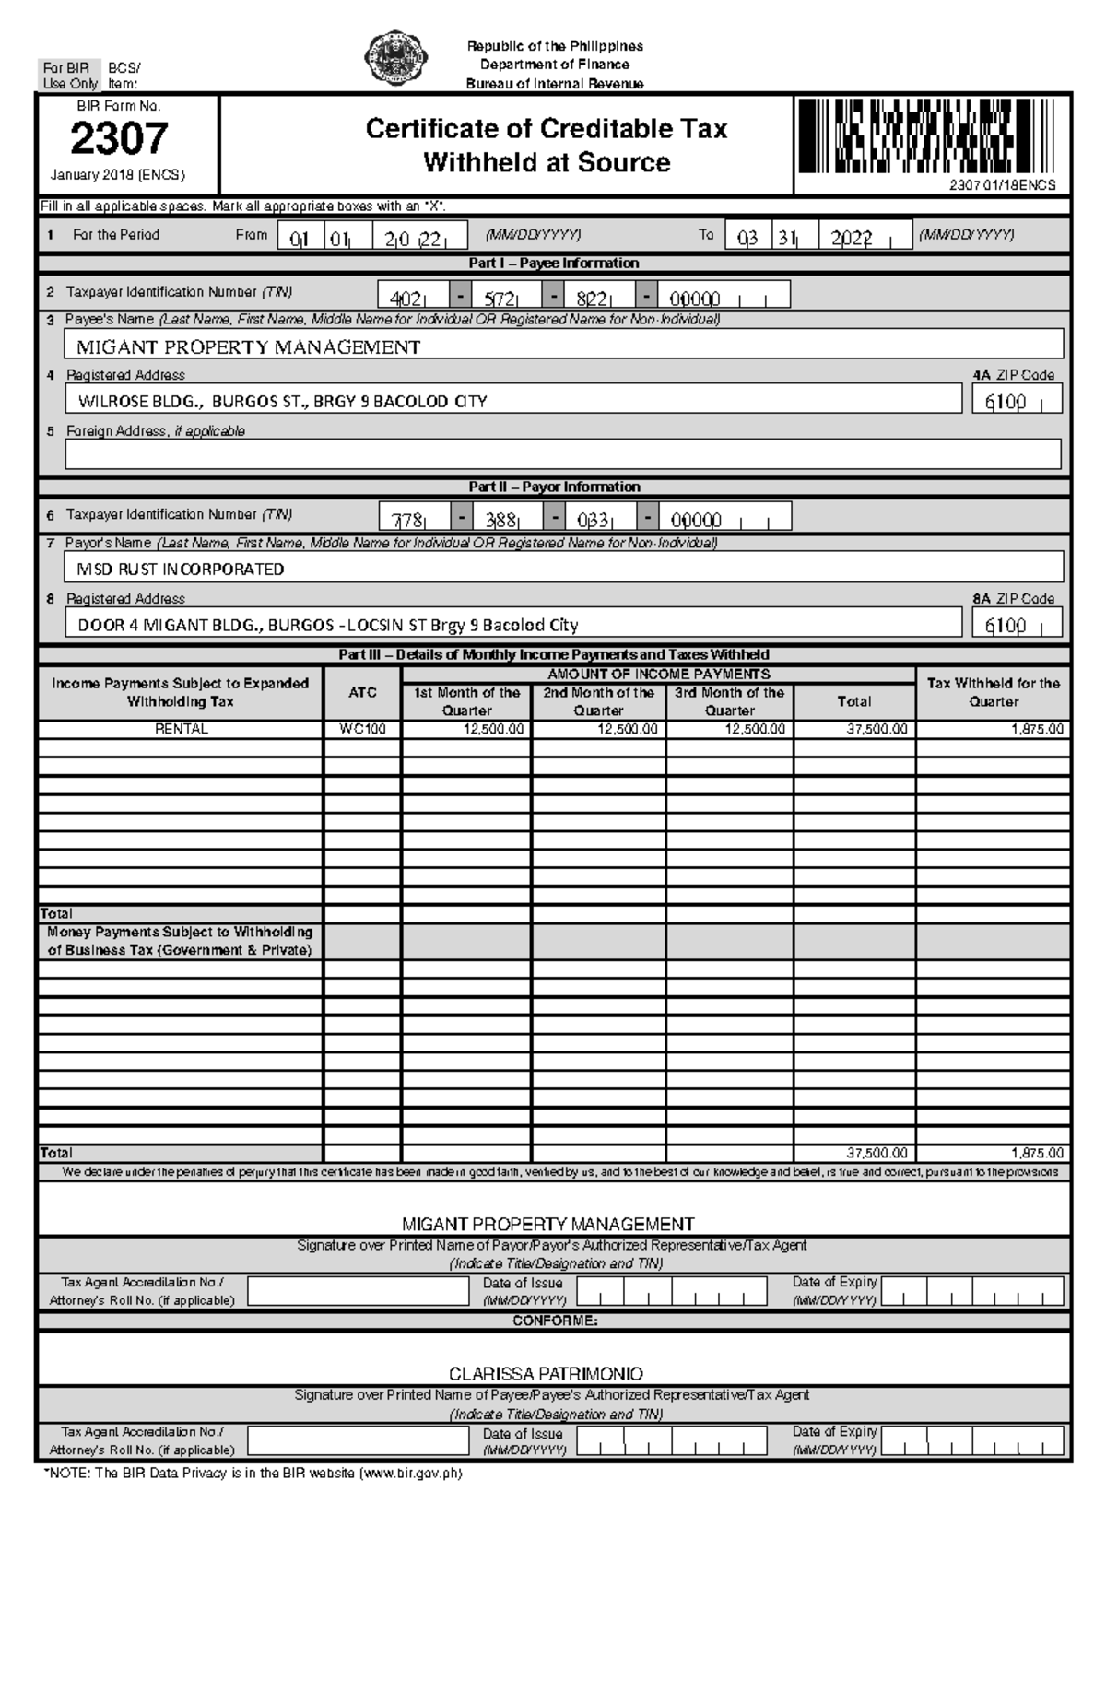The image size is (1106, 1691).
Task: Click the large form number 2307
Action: pos(119,139)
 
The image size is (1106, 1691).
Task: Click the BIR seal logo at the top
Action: pos(397,59)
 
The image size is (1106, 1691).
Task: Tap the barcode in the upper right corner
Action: pos(925,137)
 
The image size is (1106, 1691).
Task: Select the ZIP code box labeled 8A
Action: pos(1017,625)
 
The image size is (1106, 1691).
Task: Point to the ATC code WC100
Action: pos(362,729)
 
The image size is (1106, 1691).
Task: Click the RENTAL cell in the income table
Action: pos(181,729)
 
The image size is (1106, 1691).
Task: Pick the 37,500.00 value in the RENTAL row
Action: pos(877,729)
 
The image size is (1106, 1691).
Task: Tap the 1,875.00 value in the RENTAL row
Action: pos(1037,729)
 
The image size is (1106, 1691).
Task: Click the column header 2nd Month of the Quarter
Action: pos(598,701)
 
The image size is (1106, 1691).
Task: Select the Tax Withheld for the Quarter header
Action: pos(993,692)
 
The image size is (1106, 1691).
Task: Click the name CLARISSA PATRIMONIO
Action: pos(546,1373)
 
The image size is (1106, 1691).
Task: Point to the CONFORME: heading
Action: pos(555,1321)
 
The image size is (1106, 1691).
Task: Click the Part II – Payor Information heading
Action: pos(554,487)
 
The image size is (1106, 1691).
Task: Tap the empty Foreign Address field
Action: pos(563,454)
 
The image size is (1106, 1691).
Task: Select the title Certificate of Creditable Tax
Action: pos(547,129)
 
